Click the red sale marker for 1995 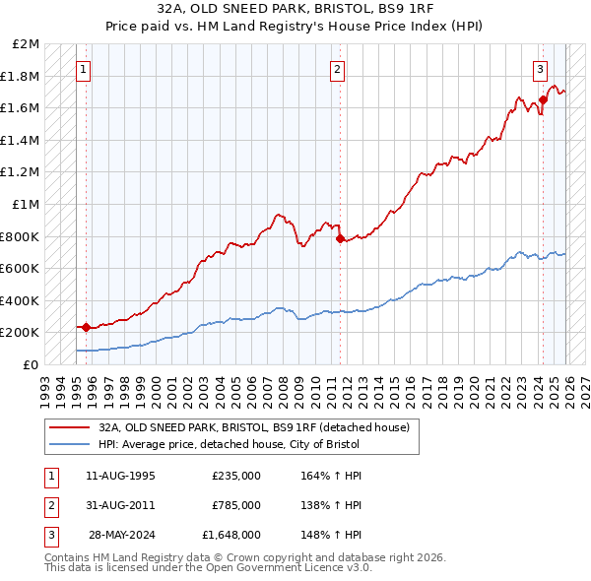[x=86, y=327]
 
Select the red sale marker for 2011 [x=340, y=238]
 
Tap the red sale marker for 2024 [x=543, y=99]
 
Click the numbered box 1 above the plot [x=84, y=69]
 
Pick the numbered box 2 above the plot [x=338, y=69]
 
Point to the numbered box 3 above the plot [x=541, y=69]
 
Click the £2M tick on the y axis [x=27, y=44]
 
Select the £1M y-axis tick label [x=27, y=205]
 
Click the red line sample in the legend [x=70, y=427]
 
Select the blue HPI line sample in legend [x=70, y=445]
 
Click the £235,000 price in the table [x=235, y=476]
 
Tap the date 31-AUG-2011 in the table [x=120, y=505]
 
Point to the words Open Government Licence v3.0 [x=275, y=568]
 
